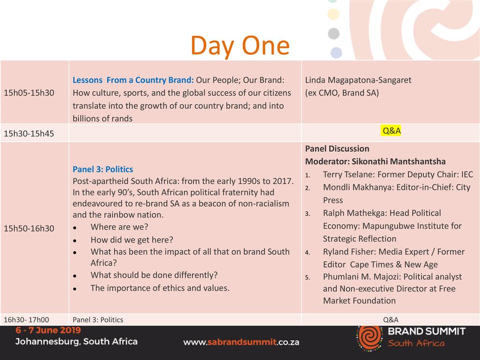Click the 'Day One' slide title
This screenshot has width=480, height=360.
pyautogui.click(x=240, y=46)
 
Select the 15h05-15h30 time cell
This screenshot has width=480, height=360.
pyautogui.click(x=29, y=93)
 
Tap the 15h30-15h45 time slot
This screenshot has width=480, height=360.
pyautogui.click(x=29, y=134)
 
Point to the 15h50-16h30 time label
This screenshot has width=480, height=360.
pyautogui.click(x=29, y=228)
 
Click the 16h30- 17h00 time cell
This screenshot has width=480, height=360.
pyautogui.click(x=26, y=320)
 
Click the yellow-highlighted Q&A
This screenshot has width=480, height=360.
pyautogui.click(x=391, y=131)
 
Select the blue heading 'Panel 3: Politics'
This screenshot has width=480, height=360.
pyautogui.click(x=103, y=169)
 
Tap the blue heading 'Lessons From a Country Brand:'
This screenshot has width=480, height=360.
pyautogui.click(x=133, y=80)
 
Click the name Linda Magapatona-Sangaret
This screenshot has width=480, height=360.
pyautogui.click(x=358, y=80)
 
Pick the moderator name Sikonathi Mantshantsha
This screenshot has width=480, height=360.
pyautogui.click(x=398, y=161)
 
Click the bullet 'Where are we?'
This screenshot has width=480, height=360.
pyautogui.click(x=120, y=227)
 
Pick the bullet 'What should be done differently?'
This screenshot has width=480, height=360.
pyautogui.click(x=154, y=275)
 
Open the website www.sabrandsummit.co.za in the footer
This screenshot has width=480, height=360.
pyautogui.click(x=241, y=342)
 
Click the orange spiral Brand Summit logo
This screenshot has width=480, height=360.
pyautogui.click(x=370, y=337)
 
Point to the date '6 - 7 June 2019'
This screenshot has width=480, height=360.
pyautogui.click(x=48, y=330)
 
